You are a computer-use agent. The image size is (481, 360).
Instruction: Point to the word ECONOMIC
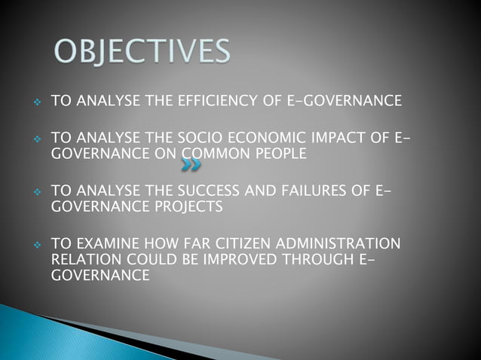(271, 139)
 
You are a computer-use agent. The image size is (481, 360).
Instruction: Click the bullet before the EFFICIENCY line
(34, 101)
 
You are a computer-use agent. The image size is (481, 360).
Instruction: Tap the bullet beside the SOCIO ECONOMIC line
(34, 140)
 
